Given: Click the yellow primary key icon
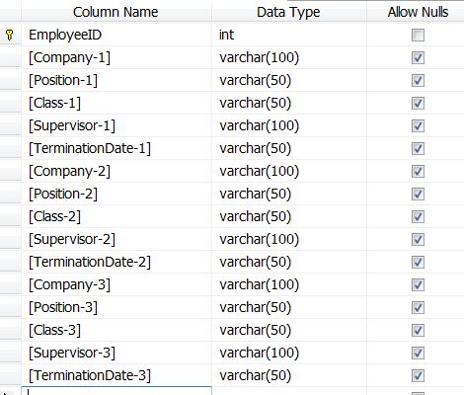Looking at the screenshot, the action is coord(10,35).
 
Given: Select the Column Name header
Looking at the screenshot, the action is coord(116,12).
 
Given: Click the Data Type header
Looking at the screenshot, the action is coord(288,12).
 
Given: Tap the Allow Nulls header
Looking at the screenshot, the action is coord(418,12).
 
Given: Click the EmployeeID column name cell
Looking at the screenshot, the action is coord(65,35).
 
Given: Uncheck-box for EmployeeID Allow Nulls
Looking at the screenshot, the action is coord(418,36).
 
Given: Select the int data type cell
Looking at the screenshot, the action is coord(226,35).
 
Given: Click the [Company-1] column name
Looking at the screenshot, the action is coord(69,57).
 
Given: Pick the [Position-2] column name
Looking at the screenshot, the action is coord(63,194).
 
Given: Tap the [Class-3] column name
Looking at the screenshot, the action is coord(54,330).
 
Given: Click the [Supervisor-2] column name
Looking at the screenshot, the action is coord(72,239).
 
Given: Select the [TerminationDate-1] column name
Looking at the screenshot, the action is coord(90,148).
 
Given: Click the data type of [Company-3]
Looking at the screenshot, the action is coord(260,284).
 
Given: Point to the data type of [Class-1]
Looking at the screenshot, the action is coord(256,103).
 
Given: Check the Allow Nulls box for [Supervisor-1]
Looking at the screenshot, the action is coord(418,126).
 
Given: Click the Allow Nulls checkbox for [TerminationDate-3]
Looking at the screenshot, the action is coord(418,376).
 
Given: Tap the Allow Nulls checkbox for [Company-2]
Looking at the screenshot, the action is coord(418,172).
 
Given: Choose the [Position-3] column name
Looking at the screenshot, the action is coord(63,307).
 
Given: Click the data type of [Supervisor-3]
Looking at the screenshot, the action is coord(260,353).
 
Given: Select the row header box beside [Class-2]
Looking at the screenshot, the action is coord(10,216).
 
